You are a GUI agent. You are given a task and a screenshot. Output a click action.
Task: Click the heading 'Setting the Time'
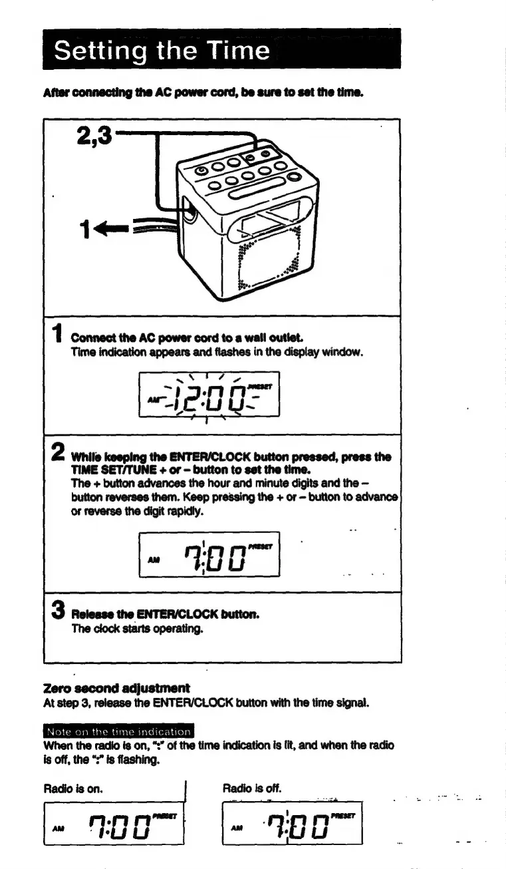[162, 51]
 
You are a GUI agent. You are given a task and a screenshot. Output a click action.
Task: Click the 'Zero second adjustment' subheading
[116, 687]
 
